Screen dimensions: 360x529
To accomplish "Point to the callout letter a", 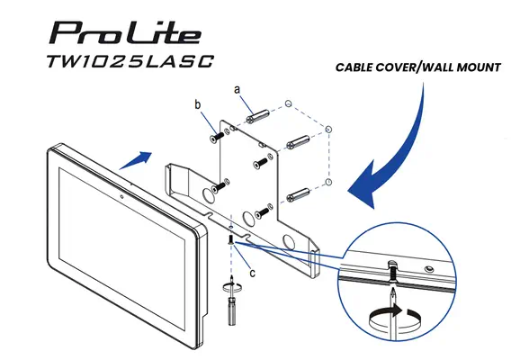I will [237, 90].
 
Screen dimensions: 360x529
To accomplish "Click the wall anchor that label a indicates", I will [259, 117].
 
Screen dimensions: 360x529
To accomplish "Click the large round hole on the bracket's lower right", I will [291, 242].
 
